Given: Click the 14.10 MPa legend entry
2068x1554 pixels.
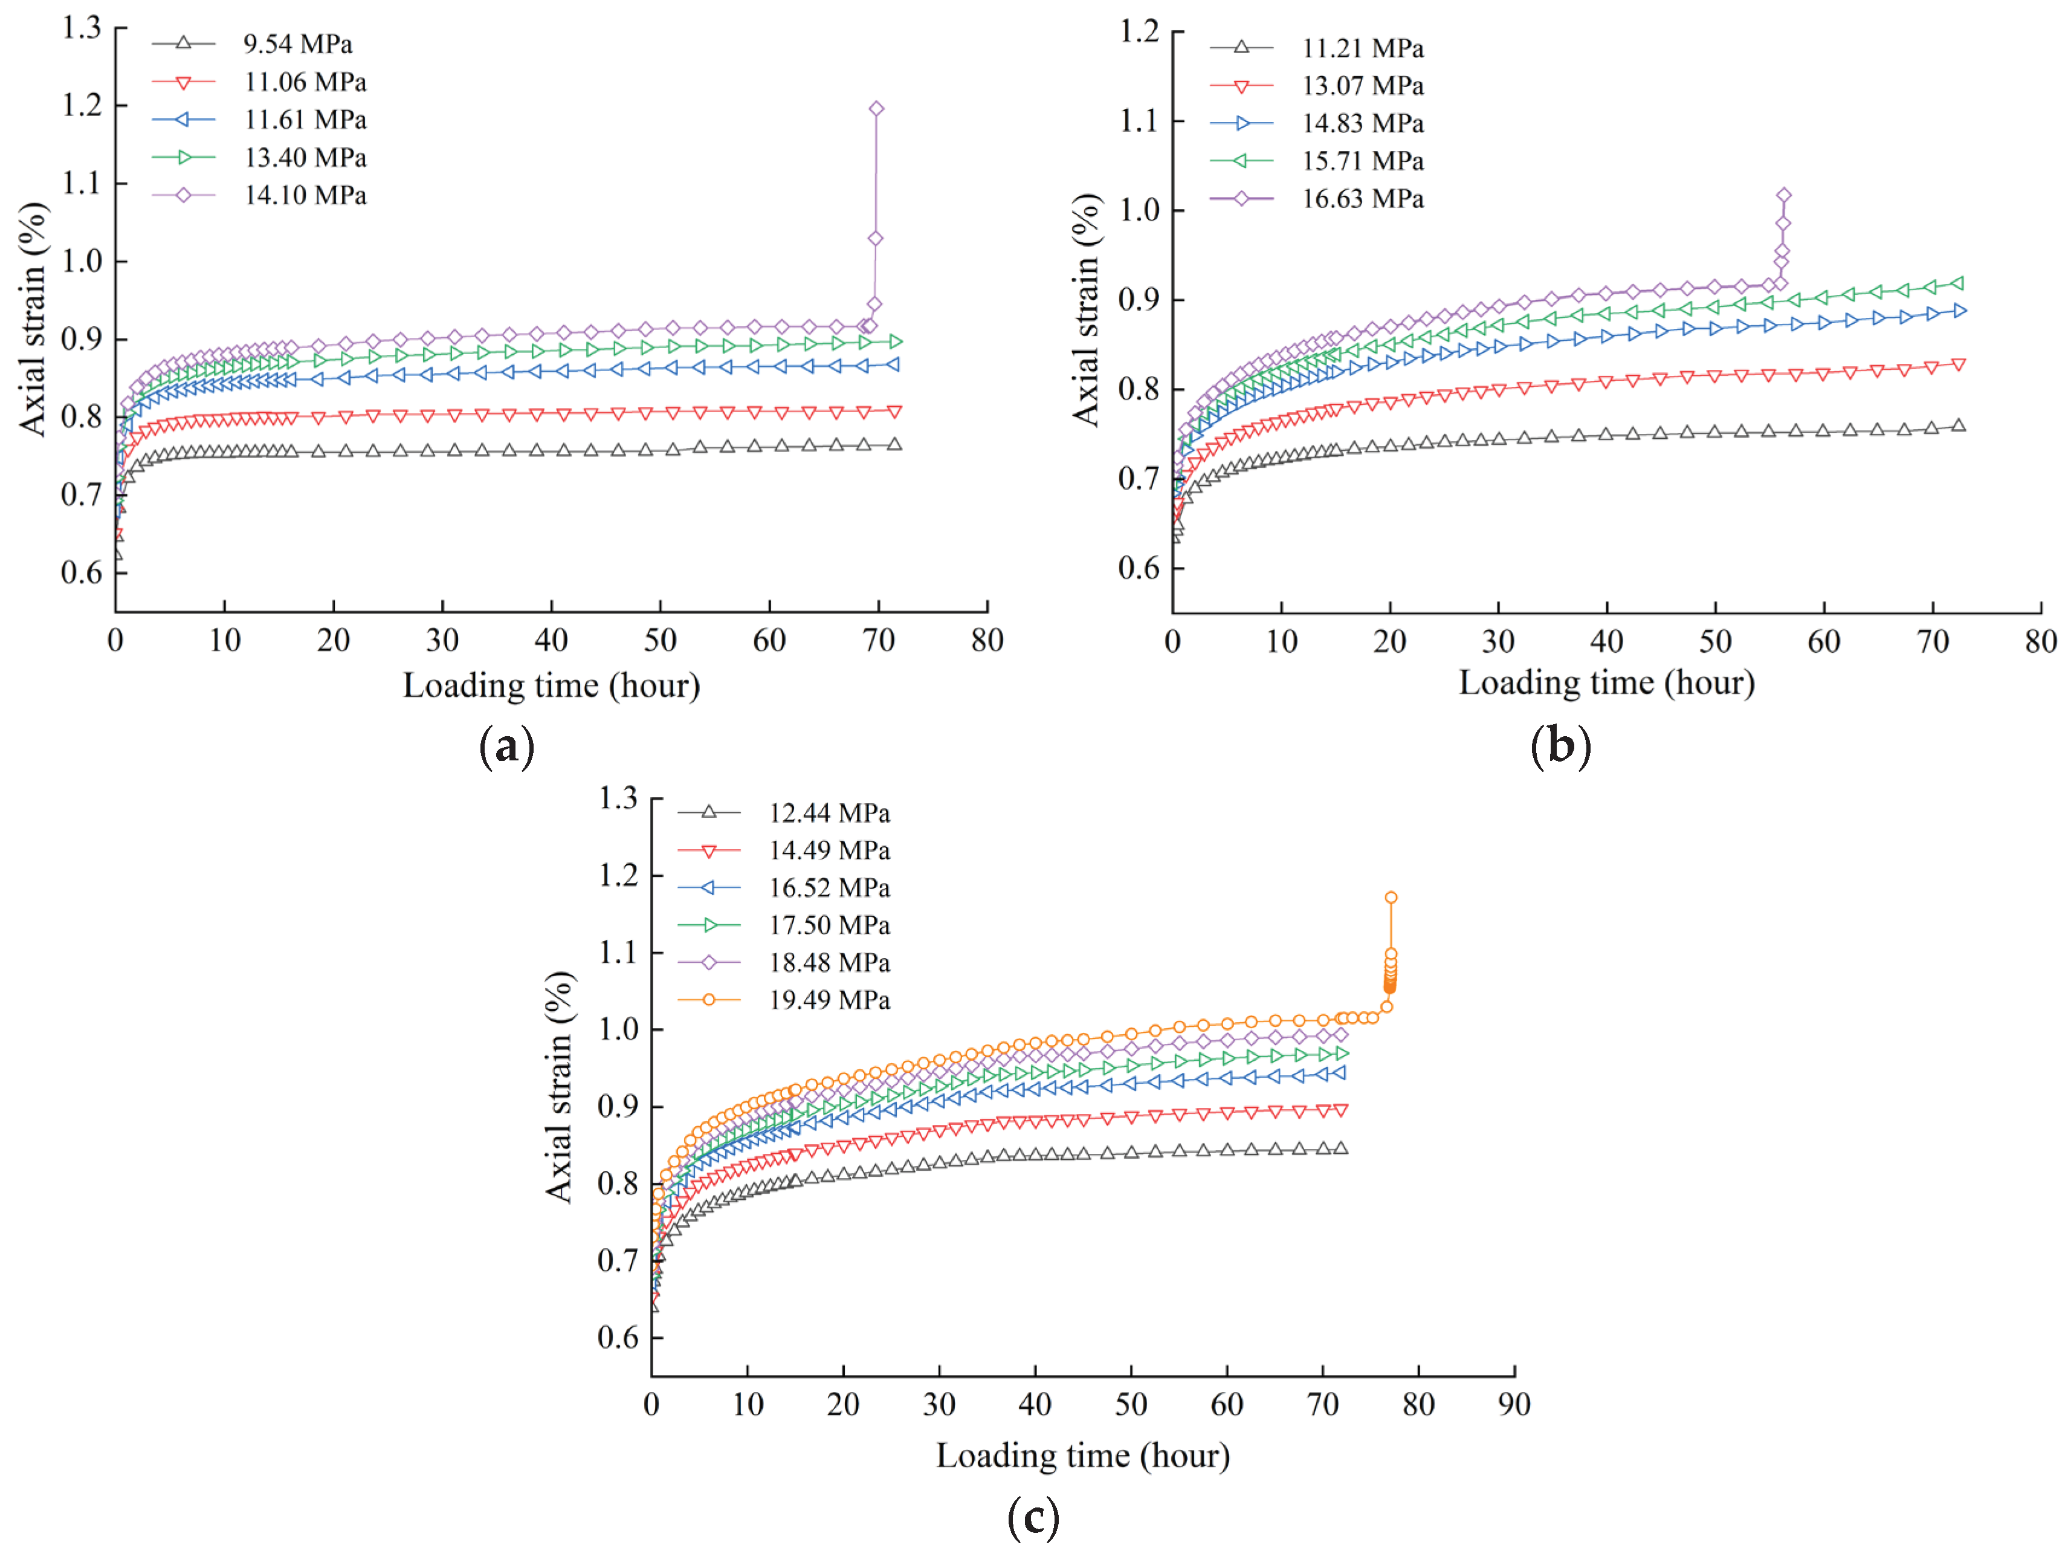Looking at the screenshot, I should tap(305, 195).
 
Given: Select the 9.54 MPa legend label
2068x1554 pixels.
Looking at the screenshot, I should tap(297, 44).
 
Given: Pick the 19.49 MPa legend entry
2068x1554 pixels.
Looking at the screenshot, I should tap(829, 1000).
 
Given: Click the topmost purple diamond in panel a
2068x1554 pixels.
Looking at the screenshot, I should tap(876, 108).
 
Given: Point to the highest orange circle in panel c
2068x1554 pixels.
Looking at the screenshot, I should tap(1391, 898).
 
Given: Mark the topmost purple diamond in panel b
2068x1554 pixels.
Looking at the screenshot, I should tap(1784, 195).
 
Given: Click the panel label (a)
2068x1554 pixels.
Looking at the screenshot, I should tap(506, 747).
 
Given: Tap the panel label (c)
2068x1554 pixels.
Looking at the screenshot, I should tap(1033, 1520).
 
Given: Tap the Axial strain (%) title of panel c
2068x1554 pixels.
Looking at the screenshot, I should tap(559, 1087).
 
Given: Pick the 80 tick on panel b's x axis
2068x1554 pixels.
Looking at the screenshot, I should tap(2041, 641).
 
